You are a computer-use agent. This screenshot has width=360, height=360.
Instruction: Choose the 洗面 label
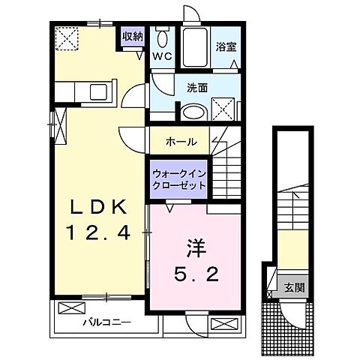tap(197, 87)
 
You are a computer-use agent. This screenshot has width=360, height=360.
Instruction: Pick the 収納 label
tap(133, 35)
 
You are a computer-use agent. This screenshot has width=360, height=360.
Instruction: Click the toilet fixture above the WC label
tap(163, 38)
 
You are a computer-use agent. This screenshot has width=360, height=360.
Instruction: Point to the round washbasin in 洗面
tap(192, 111)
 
